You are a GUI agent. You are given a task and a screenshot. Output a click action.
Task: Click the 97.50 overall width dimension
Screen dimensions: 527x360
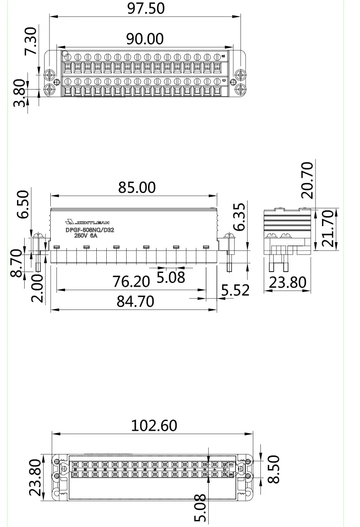point(146,9)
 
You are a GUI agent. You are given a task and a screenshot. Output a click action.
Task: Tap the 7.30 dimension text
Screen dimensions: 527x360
point(29,41)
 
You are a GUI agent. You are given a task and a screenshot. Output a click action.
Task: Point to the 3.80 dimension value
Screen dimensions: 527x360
point(19,93)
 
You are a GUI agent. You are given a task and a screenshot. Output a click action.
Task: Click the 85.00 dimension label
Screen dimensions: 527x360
point(137,187)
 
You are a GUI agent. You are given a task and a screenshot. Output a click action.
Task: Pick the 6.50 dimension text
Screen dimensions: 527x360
point(23,204)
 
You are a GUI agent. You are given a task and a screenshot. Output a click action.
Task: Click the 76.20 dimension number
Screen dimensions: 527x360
point(131,282)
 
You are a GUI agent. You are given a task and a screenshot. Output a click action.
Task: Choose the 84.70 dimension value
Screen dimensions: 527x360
point(136,301)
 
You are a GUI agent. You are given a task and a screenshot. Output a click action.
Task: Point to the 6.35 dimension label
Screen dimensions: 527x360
point(240,217)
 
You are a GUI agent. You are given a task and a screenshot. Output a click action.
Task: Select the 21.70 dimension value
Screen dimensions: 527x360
point(328,228)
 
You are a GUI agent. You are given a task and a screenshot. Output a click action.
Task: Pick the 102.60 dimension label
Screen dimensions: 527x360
point(154,426)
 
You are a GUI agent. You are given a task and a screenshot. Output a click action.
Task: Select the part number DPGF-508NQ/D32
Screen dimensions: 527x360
point(90,230)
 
